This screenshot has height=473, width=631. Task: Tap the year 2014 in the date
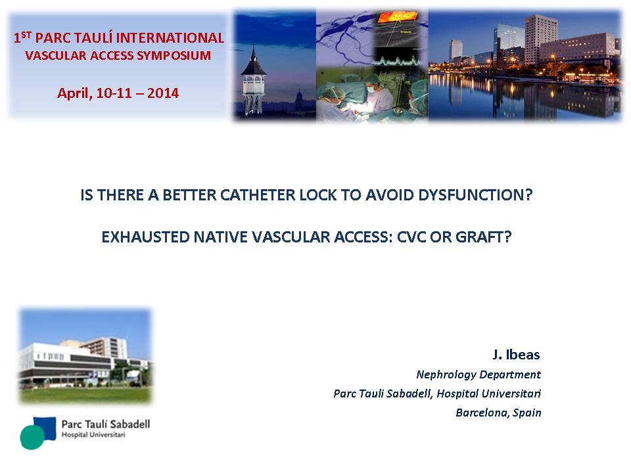point(163,93)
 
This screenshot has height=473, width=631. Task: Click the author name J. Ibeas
point(517,354)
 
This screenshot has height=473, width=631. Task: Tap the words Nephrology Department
point(479,375)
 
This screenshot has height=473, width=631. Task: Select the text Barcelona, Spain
point(499,413)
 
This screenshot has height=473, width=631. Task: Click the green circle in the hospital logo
point(32,438)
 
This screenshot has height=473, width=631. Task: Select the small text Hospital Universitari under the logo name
point(93,435)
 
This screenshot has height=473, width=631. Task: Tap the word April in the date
point(75,94)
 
